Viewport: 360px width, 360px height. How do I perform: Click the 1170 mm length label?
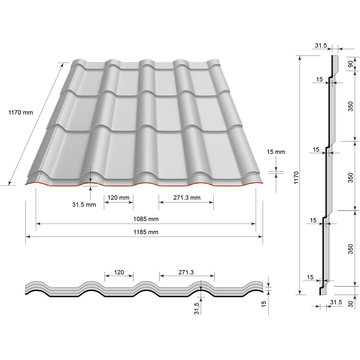click(x=21, y=112)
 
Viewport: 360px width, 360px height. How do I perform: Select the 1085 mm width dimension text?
click(x=146, y=219)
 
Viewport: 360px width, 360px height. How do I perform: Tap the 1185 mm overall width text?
click(x=146, y=232)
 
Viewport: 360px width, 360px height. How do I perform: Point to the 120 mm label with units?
click(x=118, y=197)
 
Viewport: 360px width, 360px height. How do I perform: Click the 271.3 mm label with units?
click(x=186, y=197)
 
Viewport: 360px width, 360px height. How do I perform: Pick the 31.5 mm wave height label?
click(x=84, y=204)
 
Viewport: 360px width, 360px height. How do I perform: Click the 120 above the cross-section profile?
click(x=119, y=273)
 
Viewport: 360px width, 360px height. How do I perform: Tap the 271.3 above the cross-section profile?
click(x=186, y=273)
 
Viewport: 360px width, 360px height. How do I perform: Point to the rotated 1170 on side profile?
click(x=296, y=177)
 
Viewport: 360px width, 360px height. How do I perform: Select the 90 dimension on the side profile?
click(x=350, y=63)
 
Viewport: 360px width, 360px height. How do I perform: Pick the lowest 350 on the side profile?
click(x=350, y=248)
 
